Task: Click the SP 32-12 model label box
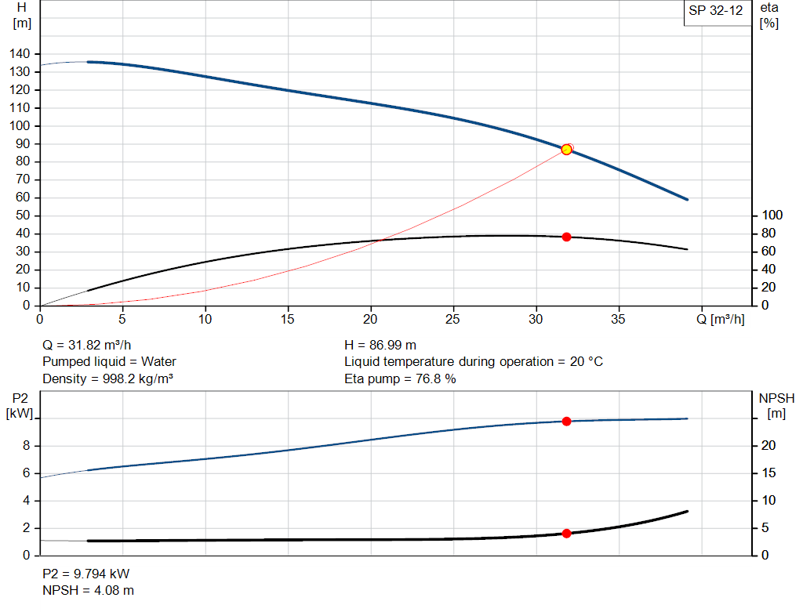[x=715, y=12]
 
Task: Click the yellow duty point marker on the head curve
[x=566, y=149]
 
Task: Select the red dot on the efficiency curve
[x=566, y=237]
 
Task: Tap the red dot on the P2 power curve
[x=566, y=422]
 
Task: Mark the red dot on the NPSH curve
[x=566, y=534]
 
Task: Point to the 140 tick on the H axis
[x=20, y=54]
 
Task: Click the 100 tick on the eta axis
[x=772, y=215]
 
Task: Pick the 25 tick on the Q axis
[x=452, y=319]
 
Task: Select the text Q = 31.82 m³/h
[x=87, y=345]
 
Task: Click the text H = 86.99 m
[x=380, y=345]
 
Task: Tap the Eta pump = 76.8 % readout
[x=400, y=379]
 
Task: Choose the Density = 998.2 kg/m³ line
[x=107, y=379]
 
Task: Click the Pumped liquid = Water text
[x=109, y=362]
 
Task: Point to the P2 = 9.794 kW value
[x=86, y=573]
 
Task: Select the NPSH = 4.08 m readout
[x=88, y=590]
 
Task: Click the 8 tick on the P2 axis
[x=26, y=446]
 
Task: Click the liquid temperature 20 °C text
[x=474, y=362]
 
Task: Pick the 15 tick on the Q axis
[x=288, y=319]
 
